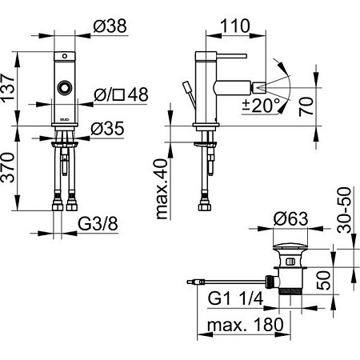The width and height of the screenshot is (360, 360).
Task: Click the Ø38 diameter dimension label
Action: (110, 26)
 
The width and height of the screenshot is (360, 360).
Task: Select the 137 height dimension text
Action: (8, 87)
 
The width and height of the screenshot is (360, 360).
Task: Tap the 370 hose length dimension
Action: (8, 167)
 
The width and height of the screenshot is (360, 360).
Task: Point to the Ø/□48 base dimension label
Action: (121, 94)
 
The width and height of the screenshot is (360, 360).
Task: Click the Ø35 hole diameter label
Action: (107, 129)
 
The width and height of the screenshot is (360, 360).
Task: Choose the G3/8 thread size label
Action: (98, 224)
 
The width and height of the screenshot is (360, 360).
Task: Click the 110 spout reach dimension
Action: (235, 26)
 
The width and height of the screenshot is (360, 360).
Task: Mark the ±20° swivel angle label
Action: (262, 106)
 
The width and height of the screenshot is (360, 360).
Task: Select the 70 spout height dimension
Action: (306, 106)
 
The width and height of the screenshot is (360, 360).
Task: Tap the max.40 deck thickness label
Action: (162, 189)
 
